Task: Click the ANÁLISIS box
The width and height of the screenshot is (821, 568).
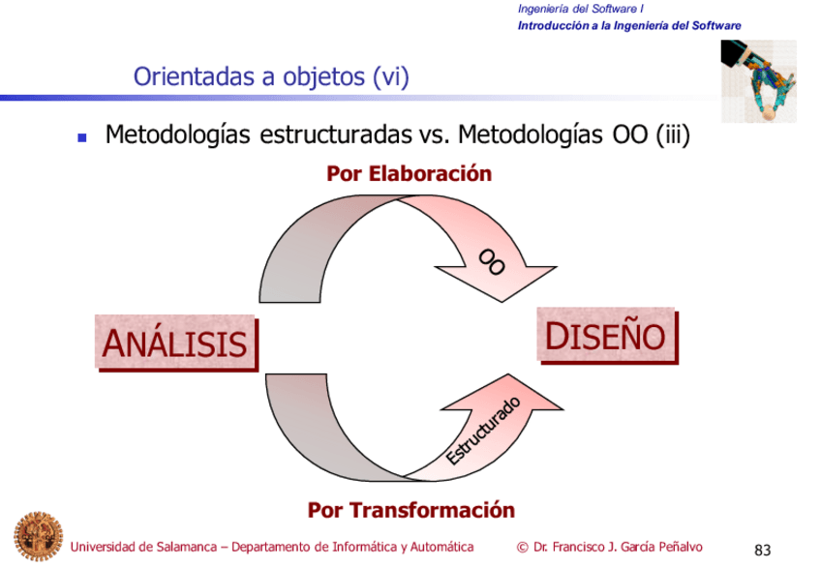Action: click(176, 343)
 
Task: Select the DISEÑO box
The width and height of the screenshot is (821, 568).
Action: click(606, 336)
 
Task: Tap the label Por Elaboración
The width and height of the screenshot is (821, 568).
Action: click(410, 174)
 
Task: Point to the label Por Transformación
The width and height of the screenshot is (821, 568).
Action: click(410, 509)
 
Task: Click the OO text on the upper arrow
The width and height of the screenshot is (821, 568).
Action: click(492, 260)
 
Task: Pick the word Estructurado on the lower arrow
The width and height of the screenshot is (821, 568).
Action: click(485, 430)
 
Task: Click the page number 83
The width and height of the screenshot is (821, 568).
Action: click(762, 551)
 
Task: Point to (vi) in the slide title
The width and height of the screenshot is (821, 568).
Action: click(390, 76)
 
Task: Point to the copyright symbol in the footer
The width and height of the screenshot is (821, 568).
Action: click(523, 547)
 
